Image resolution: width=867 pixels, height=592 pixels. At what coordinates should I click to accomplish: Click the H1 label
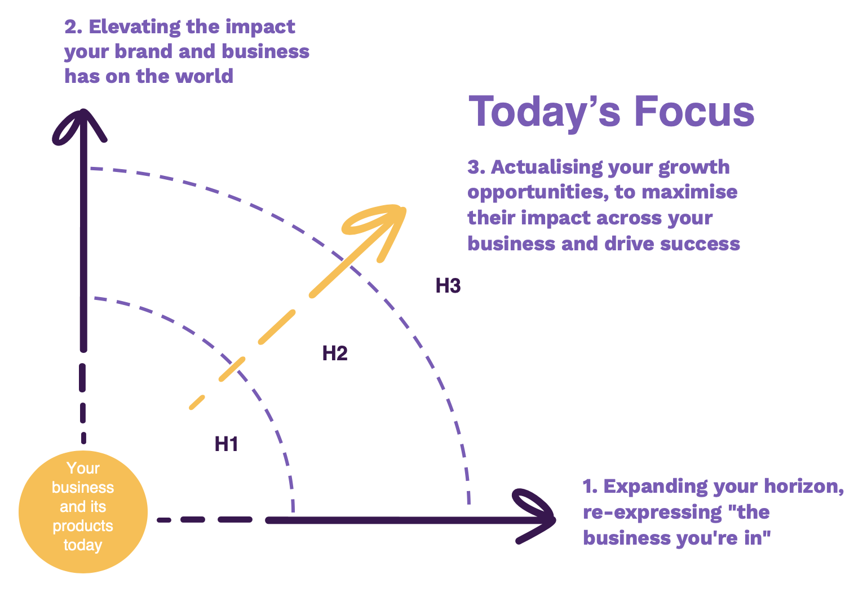coord(227,444)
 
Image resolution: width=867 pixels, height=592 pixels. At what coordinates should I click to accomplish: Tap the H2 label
coord(335,353)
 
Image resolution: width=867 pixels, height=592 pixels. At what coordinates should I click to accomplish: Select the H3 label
coord(448,285)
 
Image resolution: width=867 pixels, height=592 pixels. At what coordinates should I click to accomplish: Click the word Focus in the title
coord(695,112)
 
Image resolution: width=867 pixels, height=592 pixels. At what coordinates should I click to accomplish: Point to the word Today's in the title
coord(545,113)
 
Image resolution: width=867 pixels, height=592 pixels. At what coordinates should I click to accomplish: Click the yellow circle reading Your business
coord(83,511)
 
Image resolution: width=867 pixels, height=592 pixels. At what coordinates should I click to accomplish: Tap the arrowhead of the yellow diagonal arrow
coord(379,228)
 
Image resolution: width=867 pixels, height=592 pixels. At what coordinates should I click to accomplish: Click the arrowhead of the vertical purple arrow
coord(79,126)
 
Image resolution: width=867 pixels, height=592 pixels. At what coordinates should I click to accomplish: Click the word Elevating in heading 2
coord(135,28)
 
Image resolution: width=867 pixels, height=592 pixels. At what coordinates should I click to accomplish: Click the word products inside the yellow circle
coord(83,526)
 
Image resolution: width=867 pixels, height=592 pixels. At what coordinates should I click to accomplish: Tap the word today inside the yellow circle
coord(83,545)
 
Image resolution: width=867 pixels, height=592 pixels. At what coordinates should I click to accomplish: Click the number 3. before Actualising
coord(476,167)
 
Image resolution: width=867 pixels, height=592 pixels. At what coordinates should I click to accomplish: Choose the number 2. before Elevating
coord(73,27)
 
